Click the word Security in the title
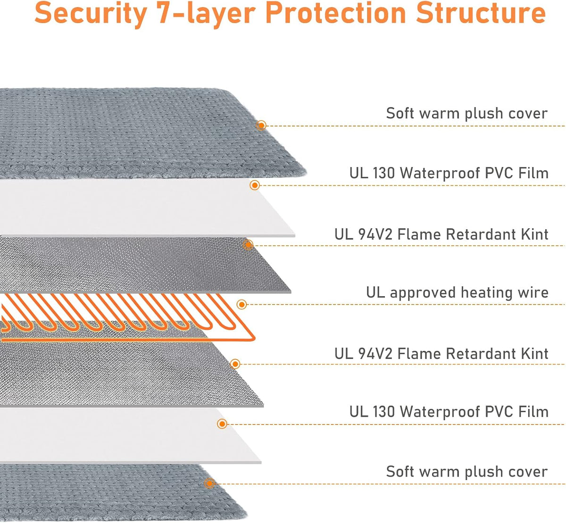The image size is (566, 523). click(x=91, y=13)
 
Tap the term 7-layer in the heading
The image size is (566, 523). click(x=206, y=13)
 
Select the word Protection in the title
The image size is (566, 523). click(x=335, y=13)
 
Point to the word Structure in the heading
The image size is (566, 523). click(x=481, y=13)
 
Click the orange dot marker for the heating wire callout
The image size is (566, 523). click(x=241, y=305)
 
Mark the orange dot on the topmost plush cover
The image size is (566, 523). click(x=261, y=125)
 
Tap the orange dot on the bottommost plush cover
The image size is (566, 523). click(x=209, y=483)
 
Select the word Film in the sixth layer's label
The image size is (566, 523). click(x=533, y=412)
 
